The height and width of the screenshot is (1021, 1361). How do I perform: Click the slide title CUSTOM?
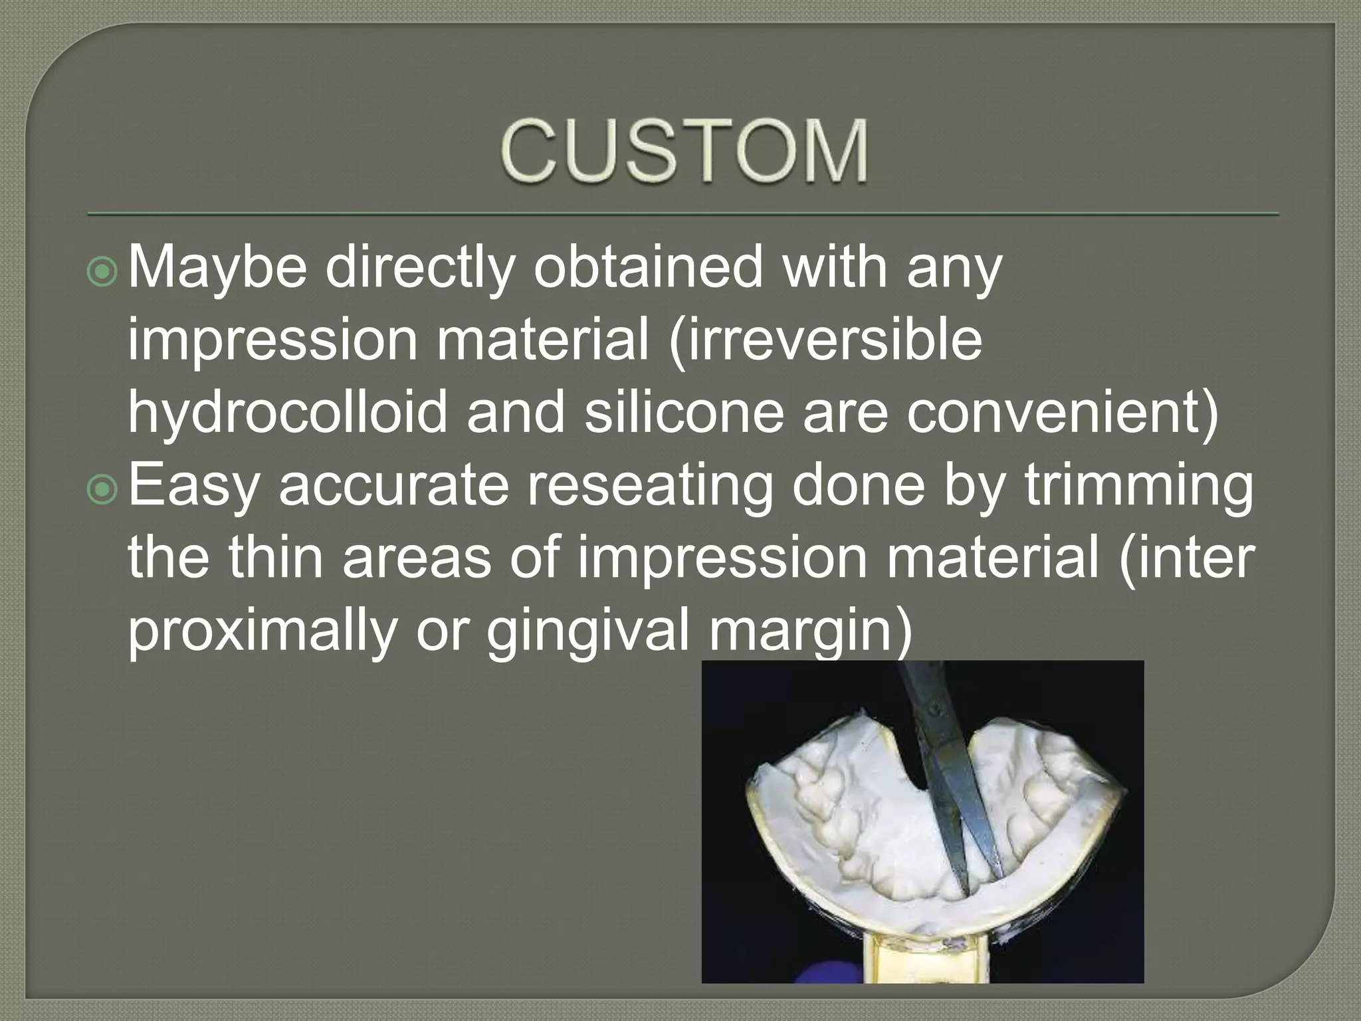click(x=684, y=152)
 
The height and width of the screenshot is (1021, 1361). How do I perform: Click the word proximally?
click(x=262, y=631)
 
